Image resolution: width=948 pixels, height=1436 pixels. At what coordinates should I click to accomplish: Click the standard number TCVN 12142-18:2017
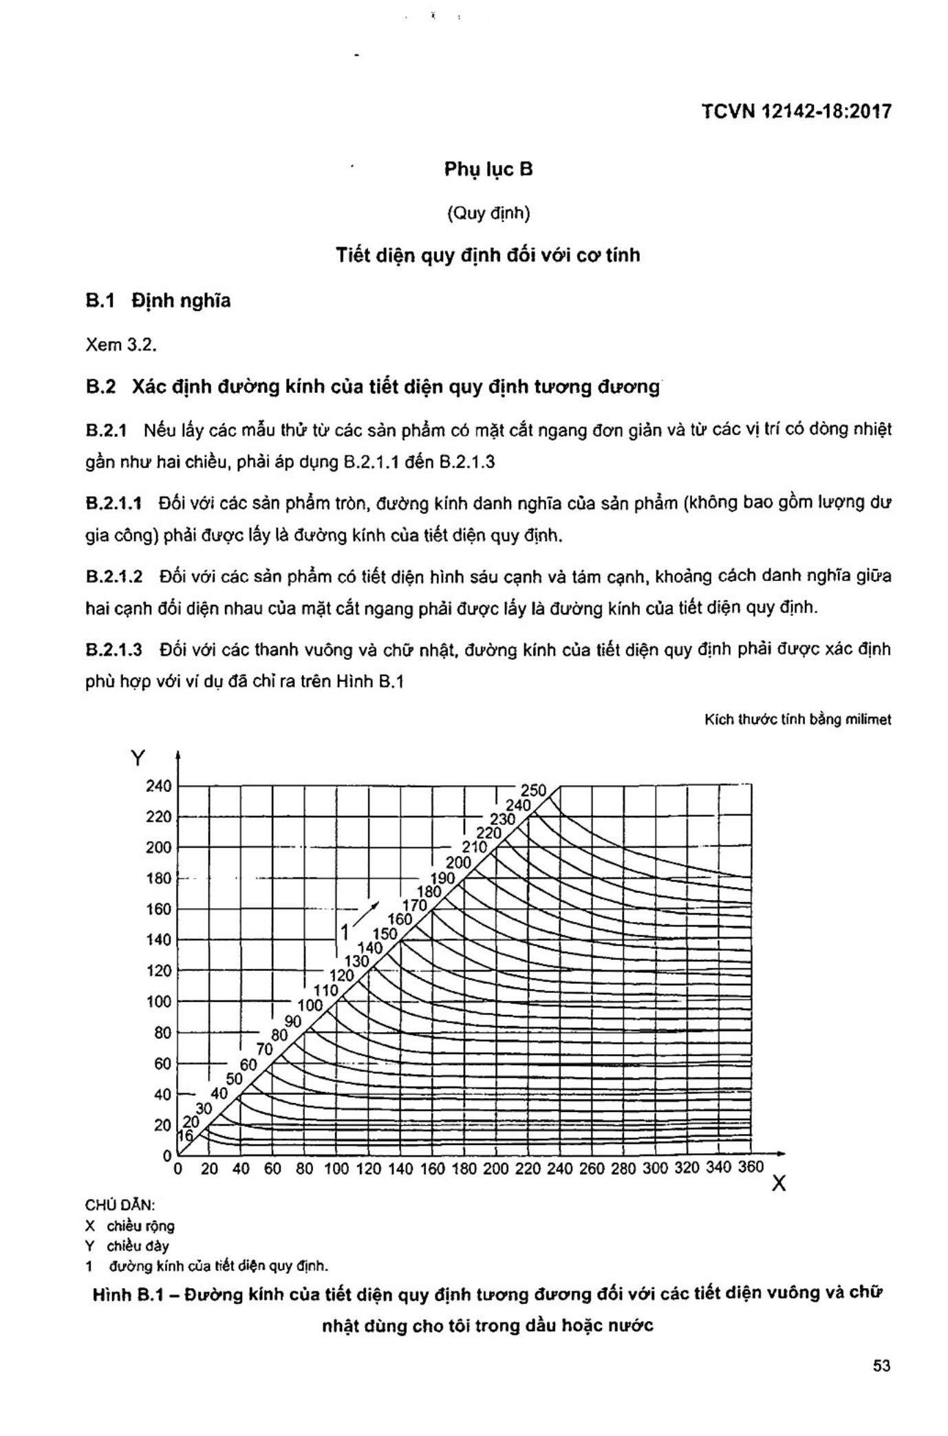pyautogui.click(x=796, y=111)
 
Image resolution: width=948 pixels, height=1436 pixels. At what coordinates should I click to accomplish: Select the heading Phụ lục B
pyautogui.click(x=488, y=169)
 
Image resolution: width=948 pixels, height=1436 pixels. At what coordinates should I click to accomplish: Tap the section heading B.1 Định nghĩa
pyautogui.click(x=158, y=301)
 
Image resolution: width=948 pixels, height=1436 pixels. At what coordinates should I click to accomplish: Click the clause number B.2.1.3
pyautogui.click(x=114, y=650)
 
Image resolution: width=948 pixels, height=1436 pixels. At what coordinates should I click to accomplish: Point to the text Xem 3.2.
pyautogui.click(x=121, y=345)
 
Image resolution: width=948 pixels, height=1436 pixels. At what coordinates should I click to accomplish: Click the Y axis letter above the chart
pyautogui.click(x=138, y=758)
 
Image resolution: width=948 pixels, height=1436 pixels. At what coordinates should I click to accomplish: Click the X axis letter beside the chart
pyautogui.click(x=778, y=1183)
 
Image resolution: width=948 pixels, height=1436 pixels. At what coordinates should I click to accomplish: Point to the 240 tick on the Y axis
pyautogui.click(x=158, y=786)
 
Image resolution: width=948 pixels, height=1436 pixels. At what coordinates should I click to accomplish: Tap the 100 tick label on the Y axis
pyautogui.click(x=158, y=1002)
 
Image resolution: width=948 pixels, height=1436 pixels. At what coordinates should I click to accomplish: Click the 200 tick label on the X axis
pyautogui.click(x=495, y=1168)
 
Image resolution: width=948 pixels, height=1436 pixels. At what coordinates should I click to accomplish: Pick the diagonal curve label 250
pyautogui.click(x=533, y=791)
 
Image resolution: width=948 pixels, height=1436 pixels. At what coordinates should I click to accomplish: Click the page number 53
pyautogui.click(x=881, y=1365)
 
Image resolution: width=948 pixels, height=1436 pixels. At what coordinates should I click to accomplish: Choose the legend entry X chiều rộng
pyautogui.click(x=130, y=1225)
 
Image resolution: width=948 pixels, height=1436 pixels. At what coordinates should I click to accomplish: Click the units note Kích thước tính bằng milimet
pyautogui.click(x=797, y=720)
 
